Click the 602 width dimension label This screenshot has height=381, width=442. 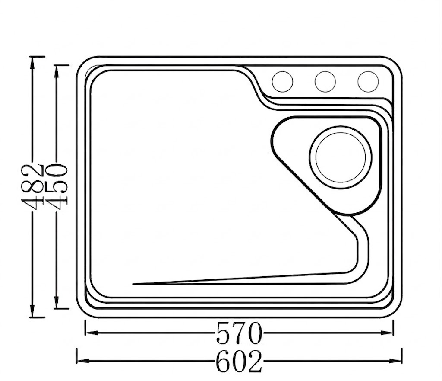pos(239,361)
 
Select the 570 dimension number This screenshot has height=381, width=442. pos(239,333)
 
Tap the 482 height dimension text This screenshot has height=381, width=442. pos(32,187)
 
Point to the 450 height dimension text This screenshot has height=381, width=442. pos(57,187)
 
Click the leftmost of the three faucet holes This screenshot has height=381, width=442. pos(282,81)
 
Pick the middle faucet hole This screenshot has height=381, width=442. pos(325,81)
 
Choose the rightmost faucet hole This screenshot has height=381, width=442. pos(368,81)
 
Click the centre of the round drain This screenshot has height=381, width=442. pos(341,157)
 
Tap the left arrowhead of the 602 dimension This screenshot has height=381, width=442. pos(83,361)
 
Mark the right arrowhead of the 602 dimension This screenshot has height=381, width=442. pos(395,361)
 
